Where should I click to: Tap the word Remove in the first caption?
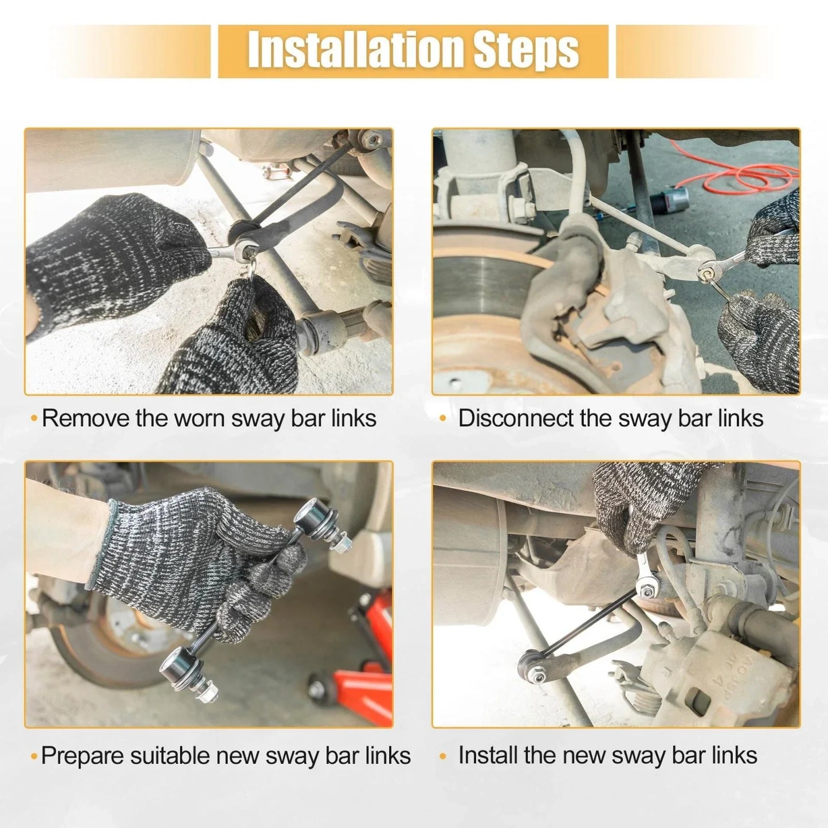pos(86,418)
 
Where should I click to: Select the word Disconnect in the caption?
pos(515,418)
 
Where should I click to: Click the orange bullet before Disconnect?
pos(443,419)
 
